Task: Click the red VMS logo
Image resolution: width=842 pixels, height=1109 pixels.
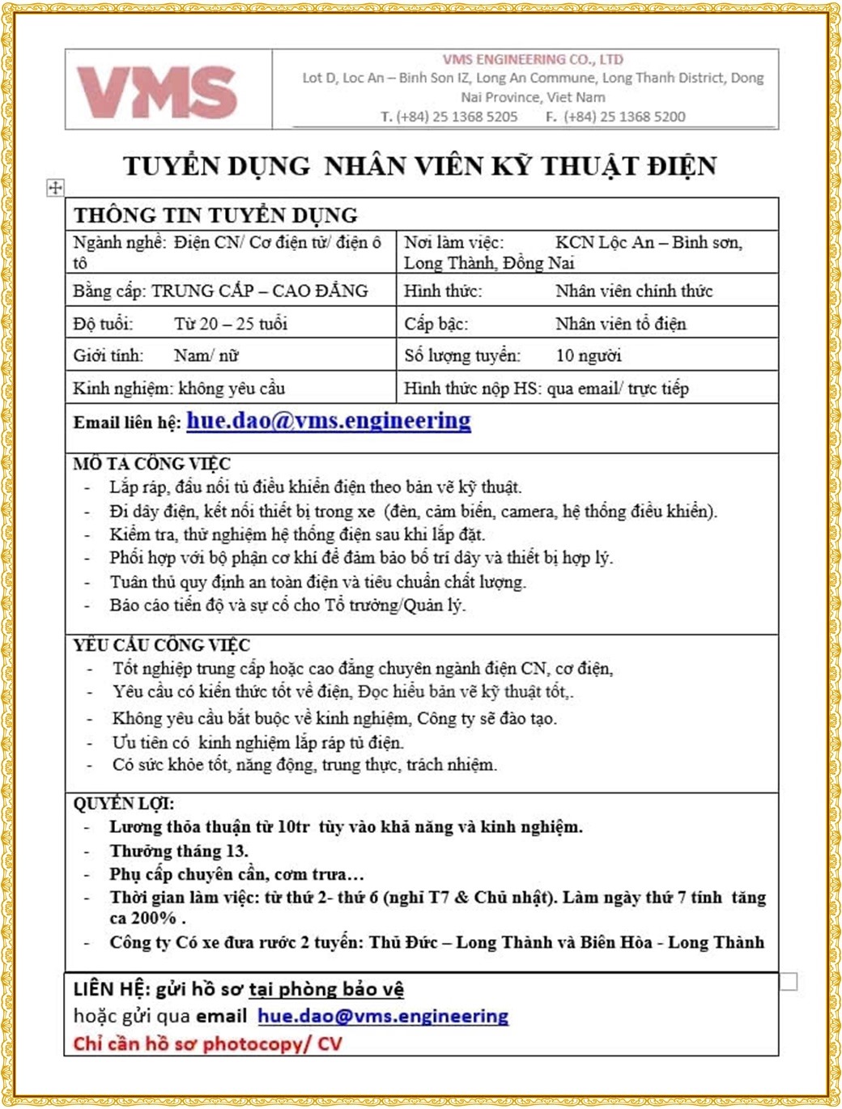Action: coord(157,91)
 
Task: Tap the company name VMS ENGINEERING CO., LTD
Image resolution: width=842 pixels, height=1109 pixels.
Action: coord(533,59)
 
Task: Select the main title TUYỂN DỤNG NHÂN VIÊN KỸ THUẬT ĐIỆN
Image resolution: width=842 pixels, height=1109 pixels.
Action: coord(419,166)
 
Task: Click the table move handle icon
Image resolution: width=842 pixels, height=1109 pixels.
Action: coord(55,188)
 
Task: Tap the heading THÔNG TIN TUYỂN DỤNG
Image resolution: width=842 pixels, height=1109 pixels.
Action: coord(215,215)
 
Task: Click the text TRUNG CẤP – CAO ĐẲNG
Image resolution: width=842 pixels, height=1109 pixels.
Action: coord(259,291)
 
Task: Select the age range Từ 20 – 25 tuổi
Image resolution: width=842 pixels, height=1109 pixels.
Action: coord(230,324)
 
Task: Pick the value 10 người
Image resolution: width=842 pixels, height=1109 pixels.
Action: coord(588,355)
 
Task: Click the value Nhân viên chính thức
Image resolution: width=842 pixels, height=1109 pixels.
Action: coord(633,291)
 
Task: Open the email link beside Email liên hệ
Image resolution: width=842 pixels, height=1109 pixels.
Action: coord(328,421)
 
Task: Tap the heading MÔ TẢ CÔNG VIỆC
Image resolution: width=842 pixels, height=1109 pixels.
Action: coord(151,464)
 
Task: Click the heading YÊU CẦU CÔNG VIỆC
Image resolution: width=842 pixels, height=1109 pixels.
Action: coord(161,645)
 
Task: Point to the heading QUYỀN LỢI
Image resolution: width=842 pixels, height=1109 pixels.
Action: coord(123,803)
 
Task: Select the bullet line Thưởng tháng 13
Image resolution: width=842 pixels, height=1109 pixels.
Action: coord(179,851)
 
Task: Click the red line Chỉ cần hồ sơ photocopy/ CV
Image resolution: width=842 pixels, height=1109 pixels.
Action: coord(207,1043)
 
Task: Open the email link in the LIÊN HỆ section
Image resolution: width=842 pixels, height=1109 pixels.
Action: coord(383,1016)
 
